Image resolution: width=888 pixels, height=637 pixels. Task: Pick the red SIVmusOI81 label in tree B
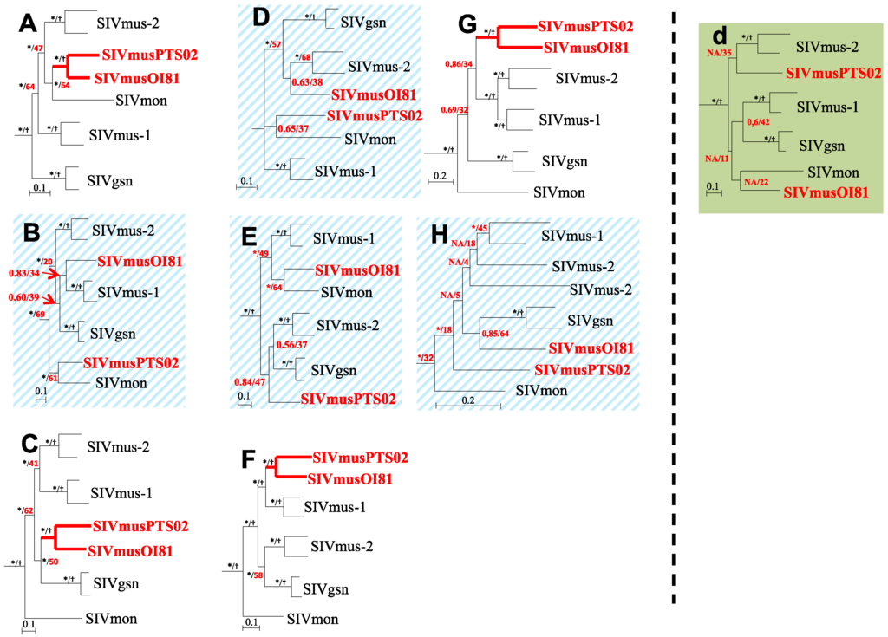point(142,260)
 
